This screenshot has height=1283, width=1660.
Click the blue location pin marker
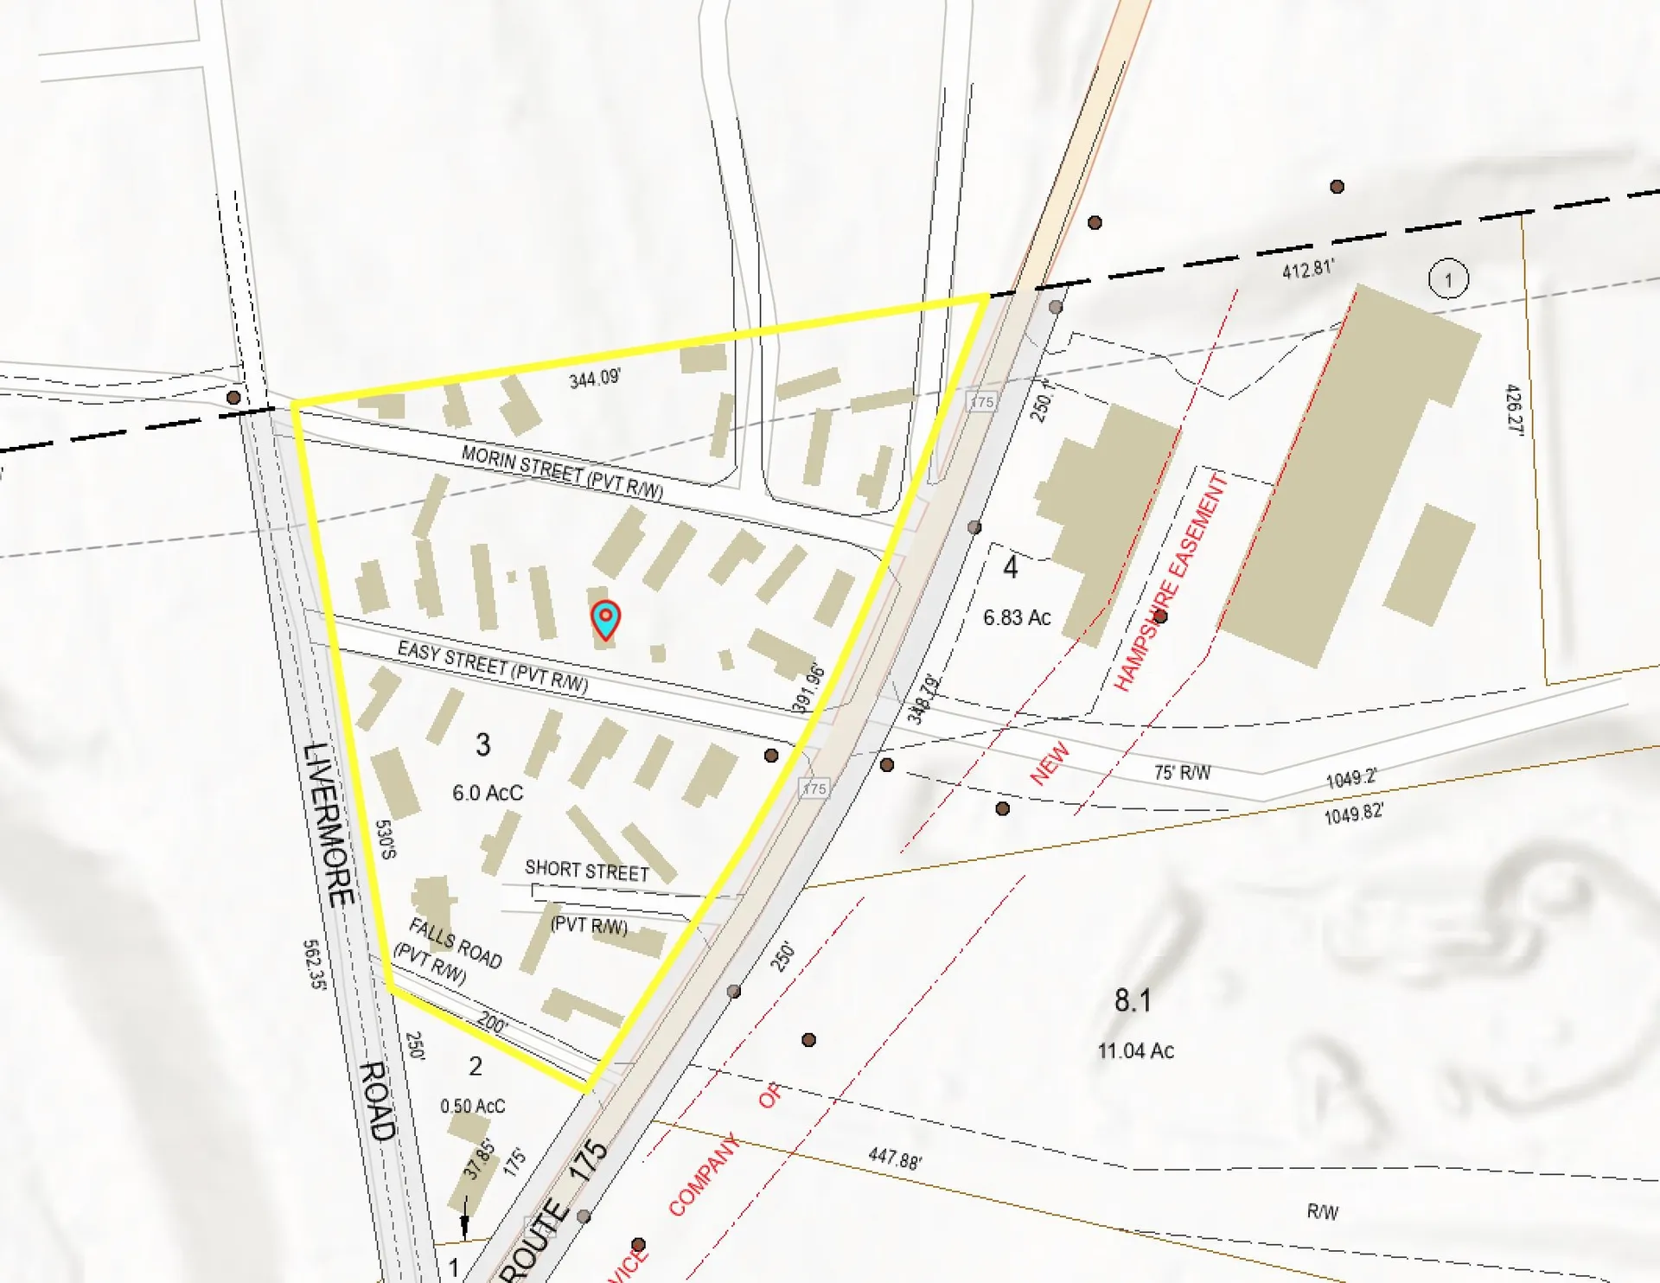(605, 619)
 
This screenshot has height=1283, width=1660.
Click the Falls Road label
(456, 943)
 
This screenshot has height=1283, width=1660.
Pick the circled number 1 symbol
(1448, 279)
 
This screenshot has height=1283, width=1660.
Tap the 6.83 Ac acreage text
(1017, 617)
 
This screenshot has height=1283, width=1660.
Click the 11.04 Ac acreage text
(1135, 1050)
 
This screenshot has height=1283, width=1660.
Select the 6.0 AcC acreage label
(488, 793)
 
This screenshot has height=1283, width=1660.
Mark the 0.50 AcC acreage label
(472, 1106)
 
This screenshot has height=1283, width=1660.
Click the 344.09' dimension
(594, 379)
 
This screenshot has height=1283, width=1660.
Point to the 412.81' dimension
(1307, 270)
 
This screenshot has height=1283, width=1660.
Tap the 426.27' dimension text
(1514, 410)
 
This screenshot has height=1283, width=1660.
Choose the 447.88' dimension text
(895, 1159)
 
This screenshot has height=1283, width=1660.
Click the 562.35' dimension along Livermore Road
(314, 965)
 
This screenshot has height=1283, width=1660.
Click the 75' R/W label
(1182, 772)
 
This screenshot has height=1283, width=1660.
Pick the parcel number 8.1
(1132, 1000)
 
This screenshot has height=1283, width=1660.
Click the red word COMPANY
(704, 1174)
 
